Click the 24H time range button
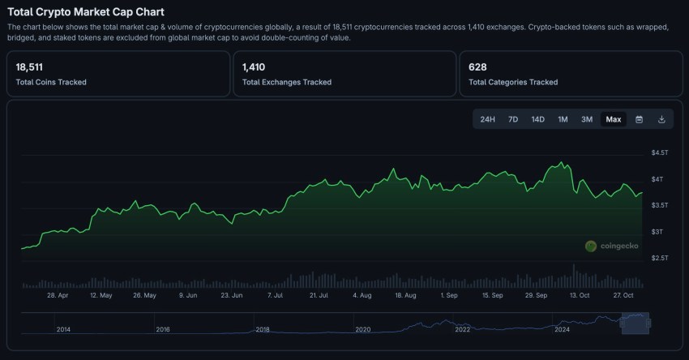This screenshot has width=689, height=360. [x=487, y=119]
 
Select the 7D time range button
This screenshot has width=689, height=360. [x=513, y=119]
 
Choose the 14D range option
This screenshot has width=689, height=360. [x=537, y=119]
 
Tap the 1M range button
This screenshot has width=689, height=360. [x=563, y=119]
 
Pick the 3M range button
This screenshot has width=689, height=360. [x=587, y=119]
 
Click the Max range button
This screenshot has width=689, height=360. [x=614, y=119]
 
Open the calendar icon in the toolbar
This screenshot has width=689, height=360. [x=639, y=119]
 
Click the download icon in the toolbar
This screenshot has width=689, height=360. [x=661, y=119]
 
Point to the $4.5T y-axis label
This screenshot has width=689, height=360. [x=660, y=152]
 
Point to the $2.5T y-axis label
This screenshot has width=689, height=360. [x=660, y=258]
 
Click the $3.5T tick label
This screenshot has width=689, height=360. [x=660, y=205]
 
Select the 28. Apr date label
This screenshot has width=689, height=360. [x=58, y=296]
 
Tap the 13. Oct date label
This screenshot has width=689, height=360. [x=579, y=296]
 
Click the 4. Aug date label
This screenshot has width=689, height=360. [x=362, y=296]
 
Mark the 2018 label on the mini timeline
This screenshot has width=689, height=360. [x=263, y=330]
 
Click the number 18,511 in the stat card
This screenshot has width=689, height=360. [x=29, y=67]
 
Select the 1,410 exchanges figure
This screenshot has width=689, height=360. [x=254, y=67]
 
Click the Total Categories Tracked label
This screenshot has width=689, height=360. [x=513, y=82]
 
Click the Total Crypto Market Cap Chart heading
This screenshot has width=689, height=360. [x=85, y=12]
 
